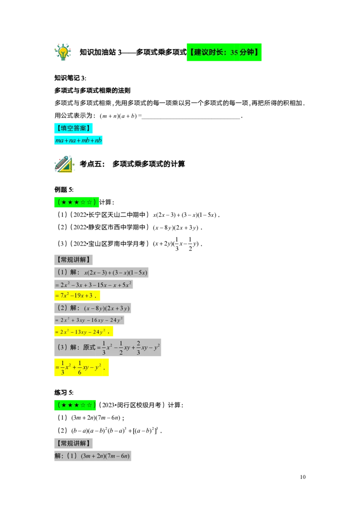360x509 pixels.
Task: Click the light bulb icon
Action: tap(63, 52)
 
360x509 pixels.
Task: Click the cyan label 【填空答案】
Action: tap(74, 128)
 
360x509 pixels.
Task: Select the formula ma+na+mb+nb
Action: tap(79, 141)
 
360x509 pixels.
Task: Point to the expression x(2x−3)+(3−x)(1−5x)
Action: tap(116, 272)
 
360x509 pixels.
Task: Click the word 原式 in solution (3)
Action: tap(89, 347)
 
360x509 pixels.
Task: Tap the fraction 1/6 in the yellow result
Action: tap(79, 368)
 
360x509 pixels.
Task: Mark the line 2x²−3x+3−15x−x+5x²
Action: tap(95, 285)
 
